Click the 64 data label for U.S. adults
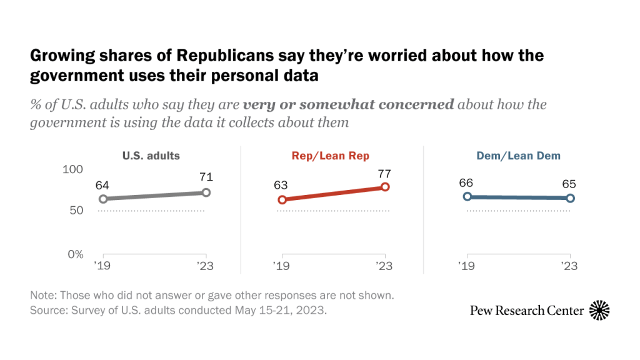tap(103, 186)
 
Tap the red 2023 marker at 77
tap(385, 187)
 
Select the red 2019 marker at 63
tap(282, 200)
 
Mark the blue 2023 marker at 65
tap(570, 198)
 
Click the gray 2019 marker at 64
tap(103, 199)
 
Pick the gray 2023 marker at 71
tap(206, 192)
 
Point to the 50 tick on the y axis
tap(76, 211)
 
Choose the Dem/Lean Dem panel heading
tap(518, 156)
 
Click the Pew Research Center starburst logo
tap(599, 310)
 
